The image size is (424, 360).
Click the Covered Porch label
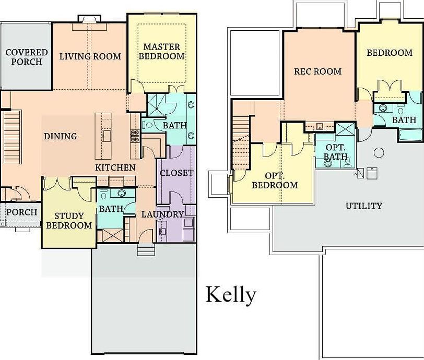26,57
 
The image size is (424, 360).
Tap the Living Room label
90,56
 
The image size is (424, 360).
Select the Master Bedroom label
163,52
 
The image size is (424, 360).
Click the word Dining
60,136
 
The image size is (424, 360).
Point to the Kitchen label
115,168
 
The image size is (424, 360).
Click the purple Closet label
176,173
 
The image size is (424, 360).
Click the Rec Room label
317,71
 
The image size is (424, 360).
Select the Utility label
363,206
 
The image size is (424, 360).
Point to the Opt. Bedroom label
275,180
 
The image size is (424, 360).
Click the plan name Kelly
230,295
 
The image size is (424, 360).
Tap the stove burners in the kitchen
134,136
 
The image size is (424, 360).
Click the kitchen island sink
107,136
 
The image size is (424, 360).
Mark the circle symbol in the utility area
379,152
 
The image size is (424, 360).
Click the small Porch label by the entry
21,212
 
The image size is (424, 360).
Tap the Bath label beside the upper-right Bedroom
404,119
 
